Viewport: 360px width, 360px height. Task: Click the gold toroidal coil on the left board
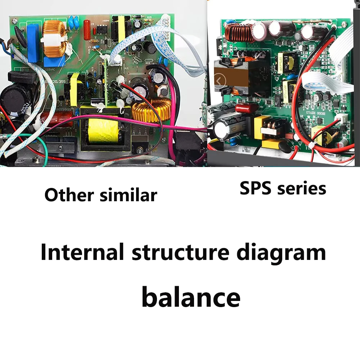coord(151,110)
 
